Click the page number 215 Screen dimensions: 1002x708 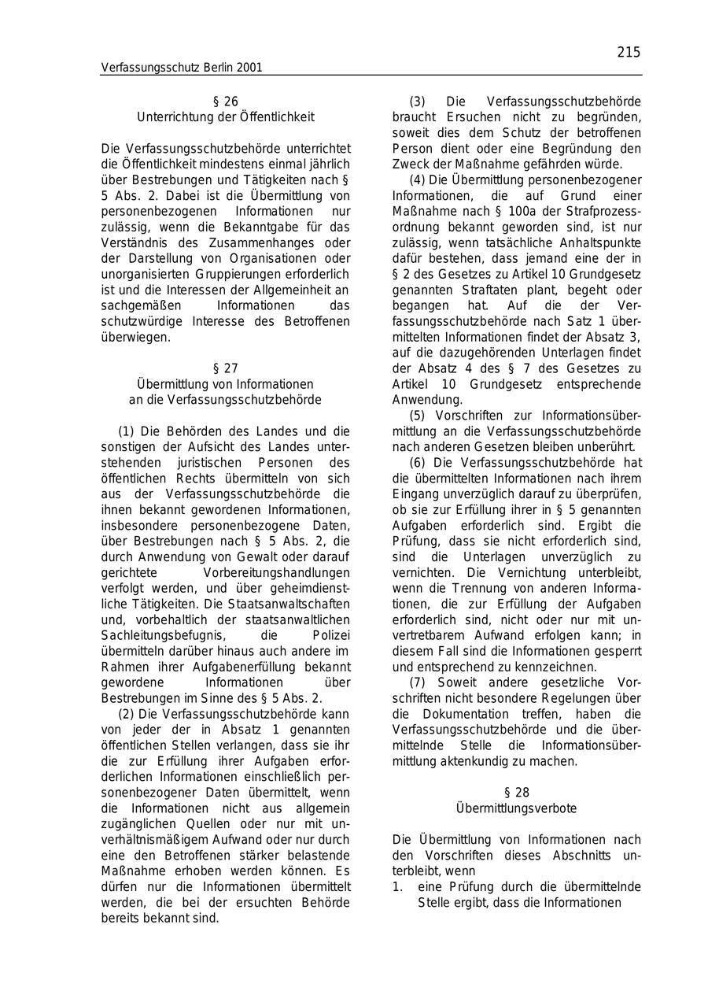click(629, 53)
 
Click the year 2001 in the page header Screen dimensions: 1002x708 click(248, 68)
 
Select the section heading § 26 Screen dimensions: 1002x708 click(226, 102)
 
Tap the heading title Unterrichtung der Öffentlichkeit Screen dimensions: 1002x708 click(226, 117)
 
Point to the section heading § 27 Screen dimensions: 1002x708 click(226, 368)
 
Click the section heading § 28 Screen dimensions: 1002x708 click(517, 793)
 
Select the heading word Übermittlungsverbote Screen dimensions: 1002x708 click(517, 808)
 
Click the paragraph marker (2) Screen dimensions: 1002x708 click(127, 714)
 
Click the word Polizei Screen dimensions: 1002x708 click(331, 635)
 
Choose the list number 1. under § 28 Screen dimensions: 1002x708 click(398, 887)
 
